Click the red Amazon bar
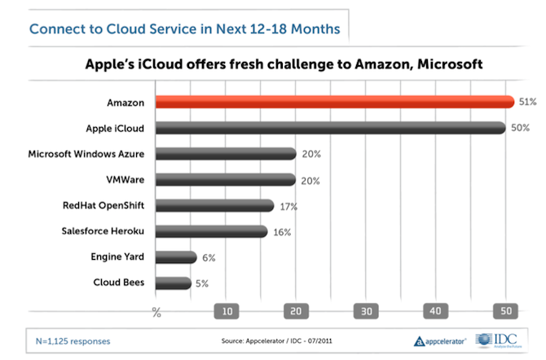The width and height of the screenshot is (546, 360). [x=334, y=103]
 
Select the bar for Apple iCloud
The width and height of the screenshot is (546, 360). [x=330, y=128]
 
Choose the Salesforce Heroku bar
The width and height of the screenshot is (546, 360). [x=211, y=231]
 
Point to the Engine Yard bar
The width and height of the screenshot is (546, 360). [x=176, y=257]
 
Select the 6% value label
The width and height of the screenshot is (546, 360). [x=209, y=258]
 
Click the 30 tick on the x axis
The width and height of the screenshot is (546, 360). [x=366, y=311]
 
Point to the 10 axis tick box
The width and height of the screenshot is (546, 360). [x=225, y=311]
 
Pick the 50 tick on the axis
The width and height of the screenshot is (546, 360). [x=506, y=311]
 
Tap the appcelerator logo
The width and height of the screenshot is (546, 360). [x=441, y=341]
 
